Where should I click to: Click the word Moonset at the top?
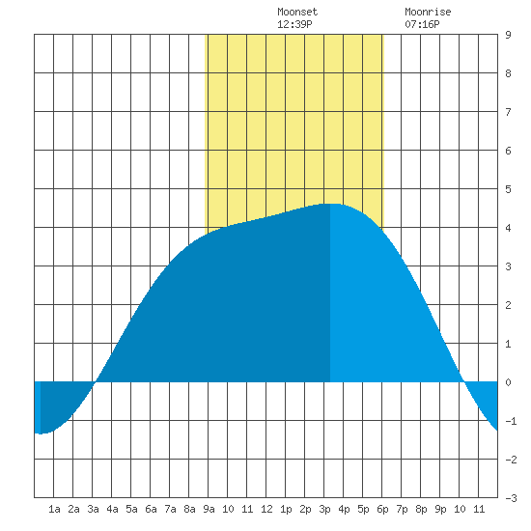(x=297, y=12)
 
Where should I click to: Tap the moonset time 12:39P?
(x=294, y=24)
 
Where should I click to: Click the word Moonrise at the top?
(x=428, y=12)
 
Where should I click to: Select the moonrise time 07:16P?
(x=422, y=24)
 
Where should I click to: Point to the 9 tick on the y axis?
(x=508, y=35)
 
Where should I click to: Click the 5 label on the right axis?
(x=508, y=189)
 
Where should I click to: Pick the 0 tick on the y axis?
(x=508, y=382)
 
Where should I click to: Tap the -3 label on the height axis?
(x=511, y=498)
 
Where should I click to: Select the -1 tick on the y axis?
(x=511, y=421)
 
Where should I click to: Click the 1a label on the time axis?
(x=54, y=509)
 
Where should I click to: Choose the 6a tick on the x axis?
(x=151, y=509)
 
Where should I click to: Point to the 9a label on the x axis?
(x=209, y=509)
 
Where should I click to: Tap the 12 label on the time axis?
(x=266, y=509)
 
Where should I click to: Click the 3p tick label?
(x=324, y=510)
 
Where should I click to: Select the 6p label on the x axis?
(x=382, y=510)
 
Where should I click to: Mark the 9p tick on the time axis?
(x=440, y=510)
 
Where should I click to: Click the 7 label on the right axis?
(x=508, y=112)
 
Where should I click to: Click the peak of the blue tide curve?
(x=334, y=204)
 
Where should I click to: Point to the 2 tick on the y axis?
(x=508, y=305)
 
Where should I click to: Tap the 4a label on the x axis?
(x=112, y=509)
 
